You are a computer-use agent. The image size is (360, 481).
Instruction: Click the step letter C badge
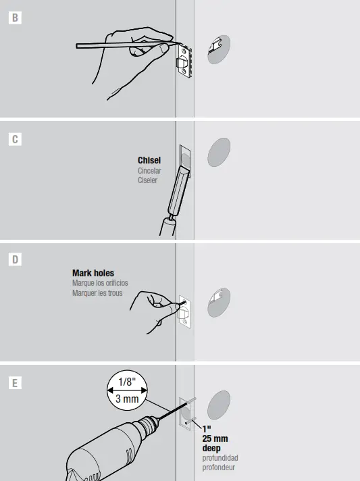pos(15,140)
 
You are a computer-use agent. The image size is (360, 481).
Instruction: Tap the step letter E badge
pos(15,383)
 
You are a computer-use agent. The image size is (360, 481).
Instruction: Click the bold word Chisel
pos(149,161)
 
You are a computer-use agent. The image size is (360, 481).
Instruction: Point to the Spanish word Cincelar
pos(149,171)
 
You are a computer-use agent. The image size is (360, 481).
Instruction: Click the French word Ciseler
pos(147,180)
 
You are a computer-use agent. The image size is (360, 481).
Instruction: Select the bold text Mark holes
pos(93,274)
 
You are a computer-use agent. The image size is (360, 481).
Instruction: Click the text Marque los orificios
pos(100,283)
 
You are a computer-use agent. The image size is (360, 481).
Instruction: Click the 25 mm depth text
pos(214,438)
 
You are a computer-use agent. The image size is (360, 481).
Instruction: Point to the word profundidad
pos(220,458)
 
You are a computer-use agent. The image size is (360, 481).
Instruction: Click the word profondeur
pos(219,467)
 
